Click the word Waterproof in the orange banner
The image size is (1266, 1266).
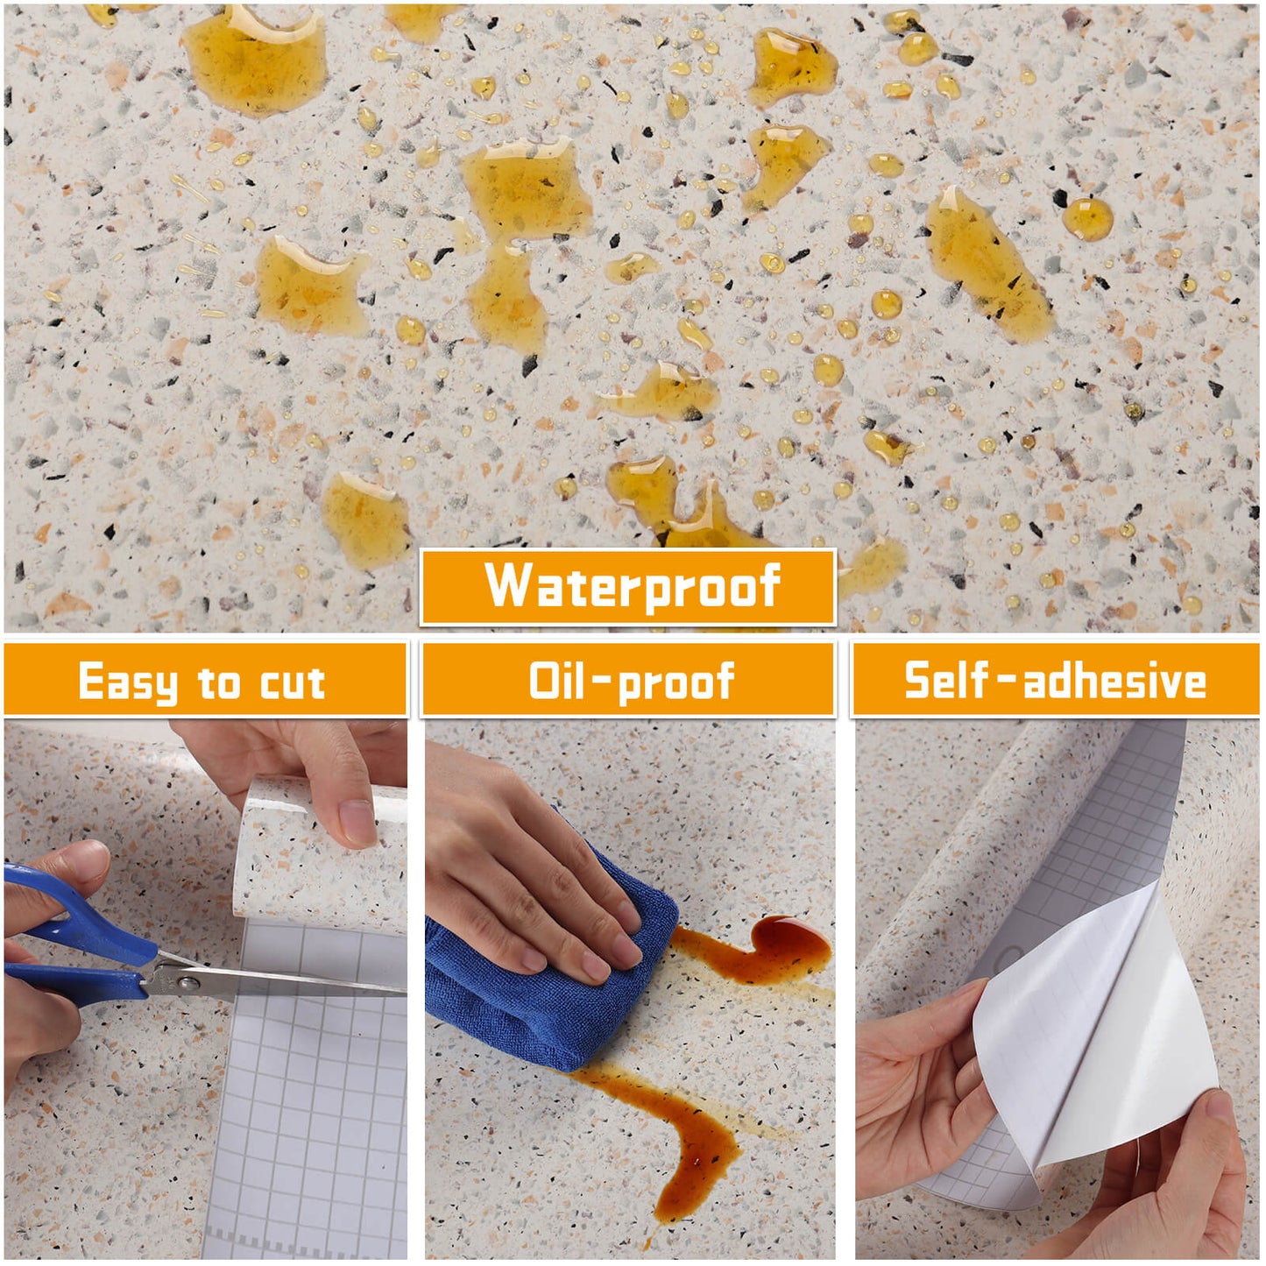tap(632, 585)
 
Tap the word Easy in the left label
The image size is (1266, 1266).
tap(127, 682)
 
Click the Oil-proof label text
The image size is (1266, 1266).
tap(632, 682)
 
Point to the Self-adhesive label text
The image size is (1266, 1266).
tap(1055, 681)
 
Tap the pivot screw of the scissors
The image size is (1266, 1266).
tap(189, 984)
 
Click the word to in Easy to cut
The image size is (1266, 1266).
tap(219, 683)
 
